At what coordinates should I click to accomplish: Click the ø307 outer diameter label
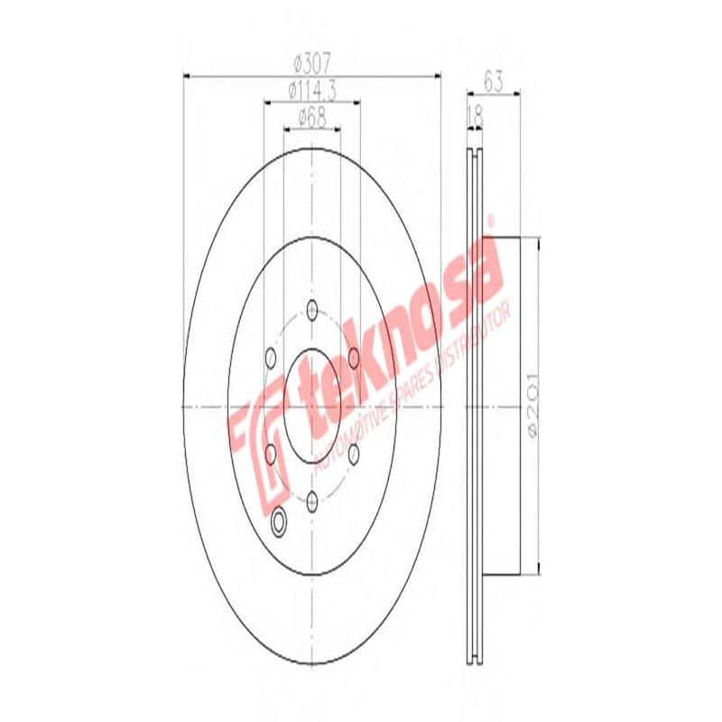coord(312,64)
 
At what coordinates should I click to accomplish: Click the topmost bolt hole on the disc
coord(312,309)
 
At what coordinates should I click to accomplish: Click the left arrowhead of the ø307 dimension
coord(188,75)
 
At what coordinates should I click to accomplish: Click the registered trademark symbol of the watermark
coord(491,219)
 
